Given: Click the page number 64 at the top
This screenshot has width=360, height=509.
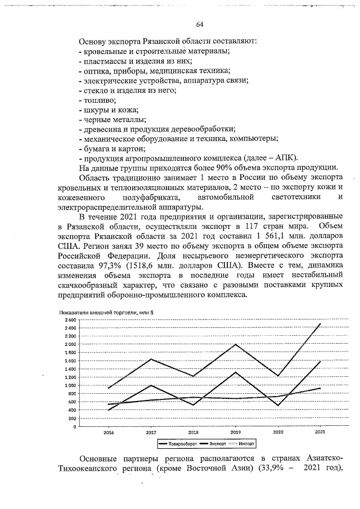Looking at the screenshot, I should pos(200,24).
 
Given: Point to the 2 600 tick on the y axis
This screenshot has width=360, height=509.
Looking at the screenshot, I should pos(70,319).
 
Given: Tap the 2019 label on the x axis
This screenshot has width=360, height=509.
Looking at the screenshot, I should pos(236,433).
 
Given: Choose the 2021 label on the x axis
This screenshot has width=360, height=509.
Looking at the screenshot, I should pos(320,433).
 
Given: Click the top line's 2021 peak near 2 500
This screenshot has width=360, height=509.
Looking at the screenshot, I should pos(320,324).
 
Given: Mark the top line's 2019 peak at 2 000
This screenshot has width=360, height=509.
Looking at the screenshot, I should pos(236,344).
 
